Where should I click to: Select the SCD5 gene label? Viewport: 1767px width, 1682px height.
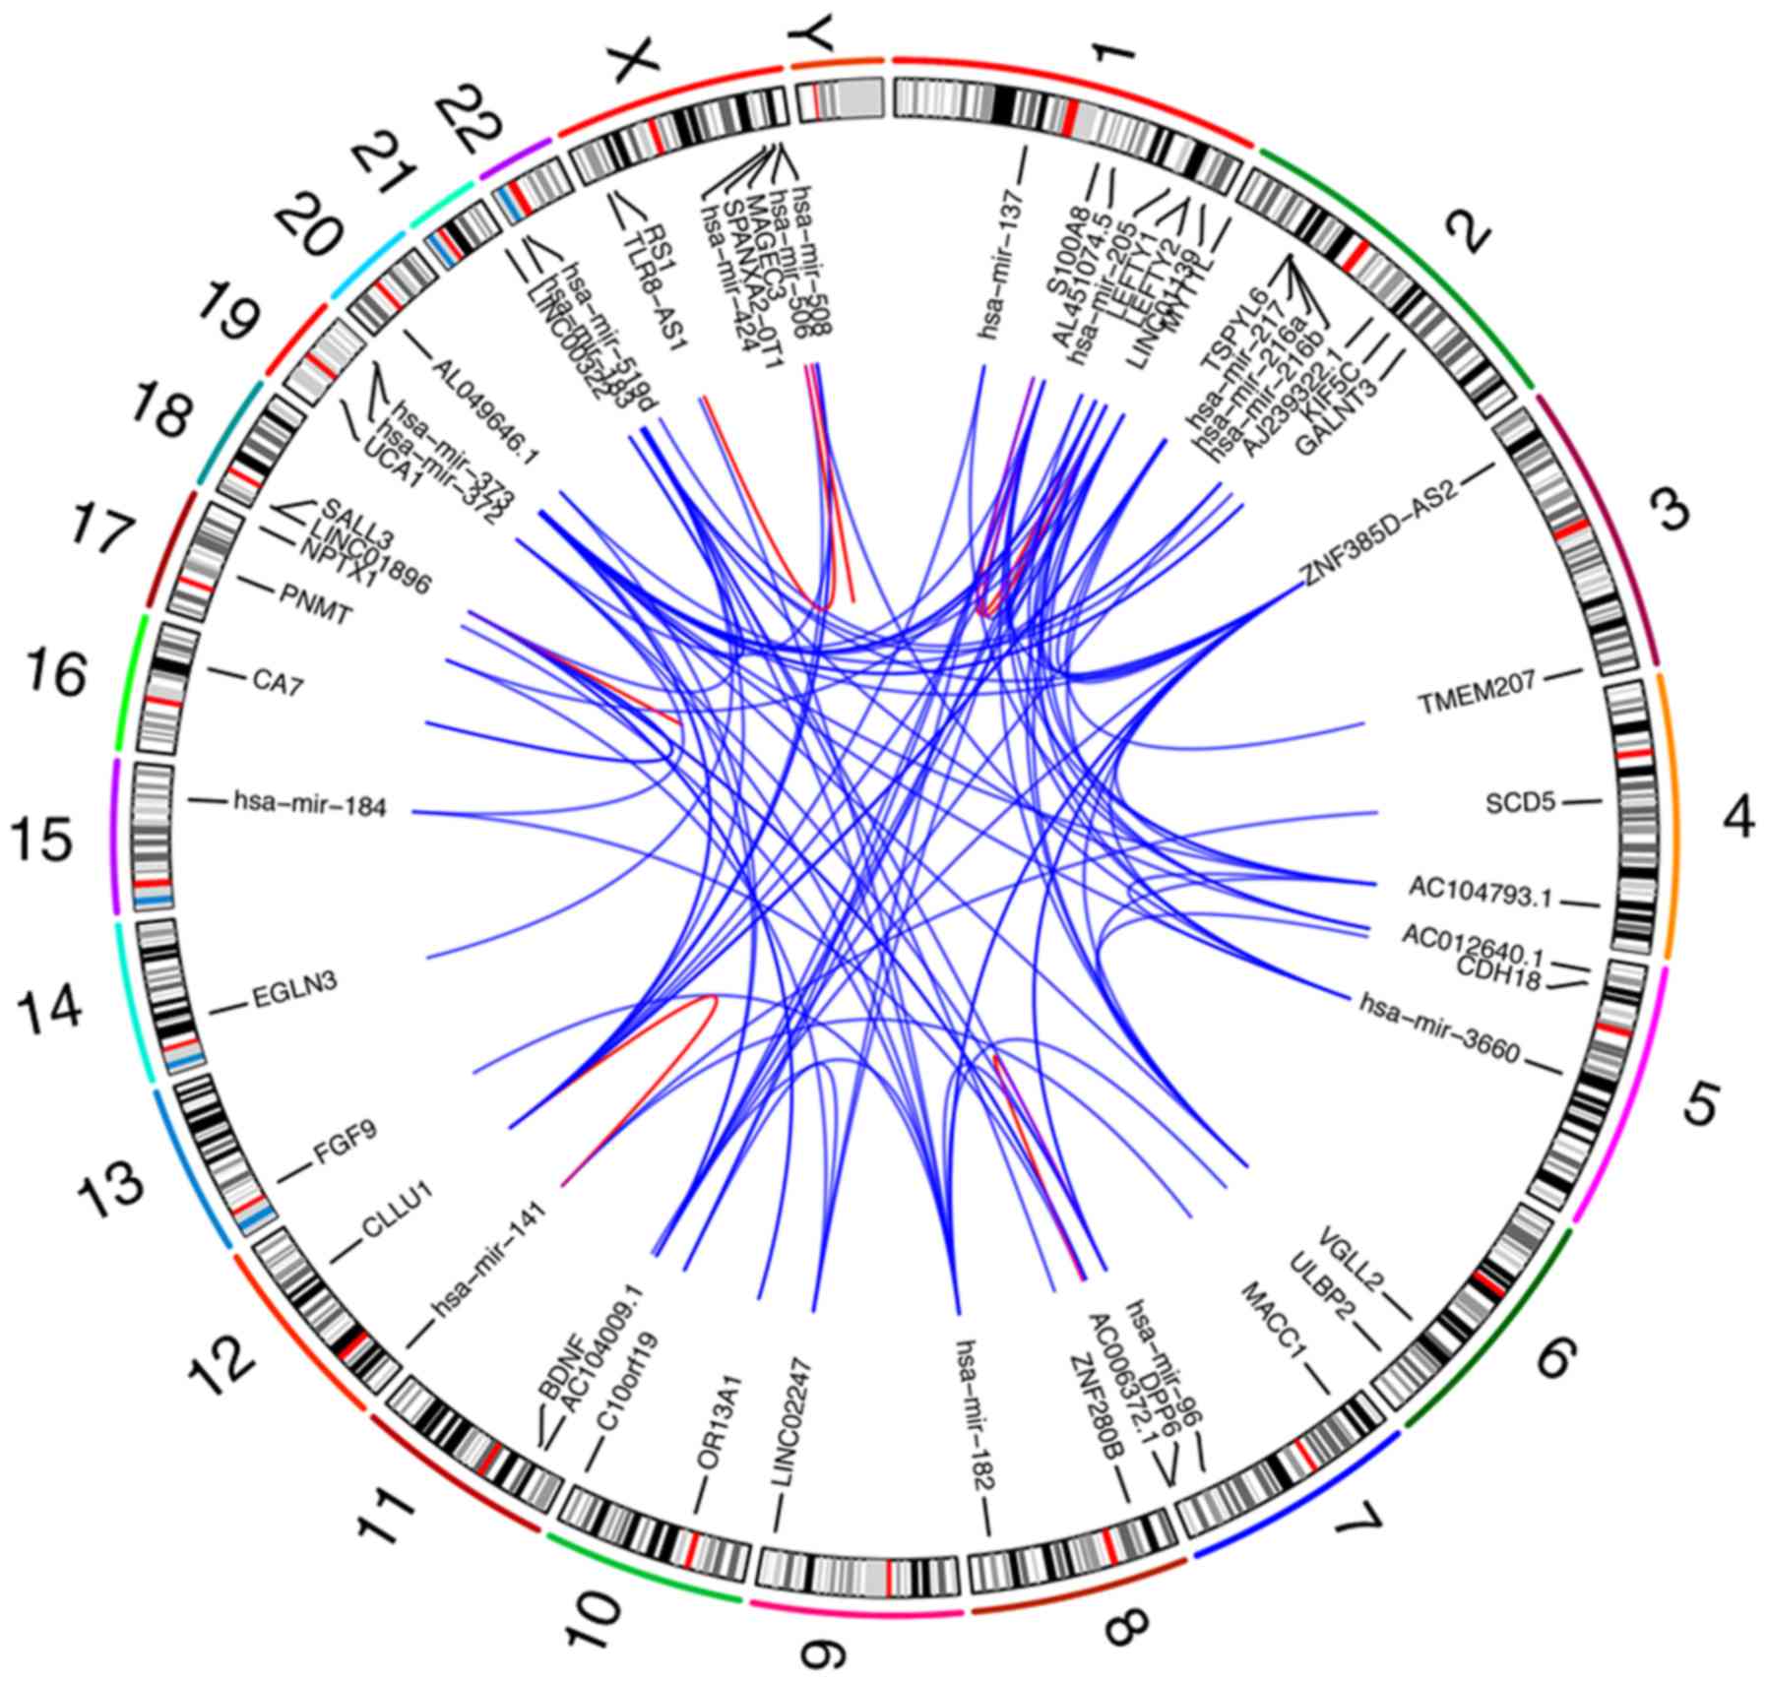pyautogui.click(x=1520, y=803)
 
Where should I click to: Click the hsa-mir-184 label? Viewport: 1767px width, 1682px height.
pyautogui.click(x=310, y=806)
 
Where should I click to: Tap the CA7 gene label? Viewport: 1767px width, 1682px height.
pyautogui.click(x=277, y=682)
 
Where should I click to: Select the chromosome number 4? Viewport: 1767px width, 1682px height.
pyautogui.click(x=1735, y=816)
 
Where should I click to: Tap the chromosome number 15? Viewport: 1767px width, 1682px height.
pyautogui.click(x=41, y=841)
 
